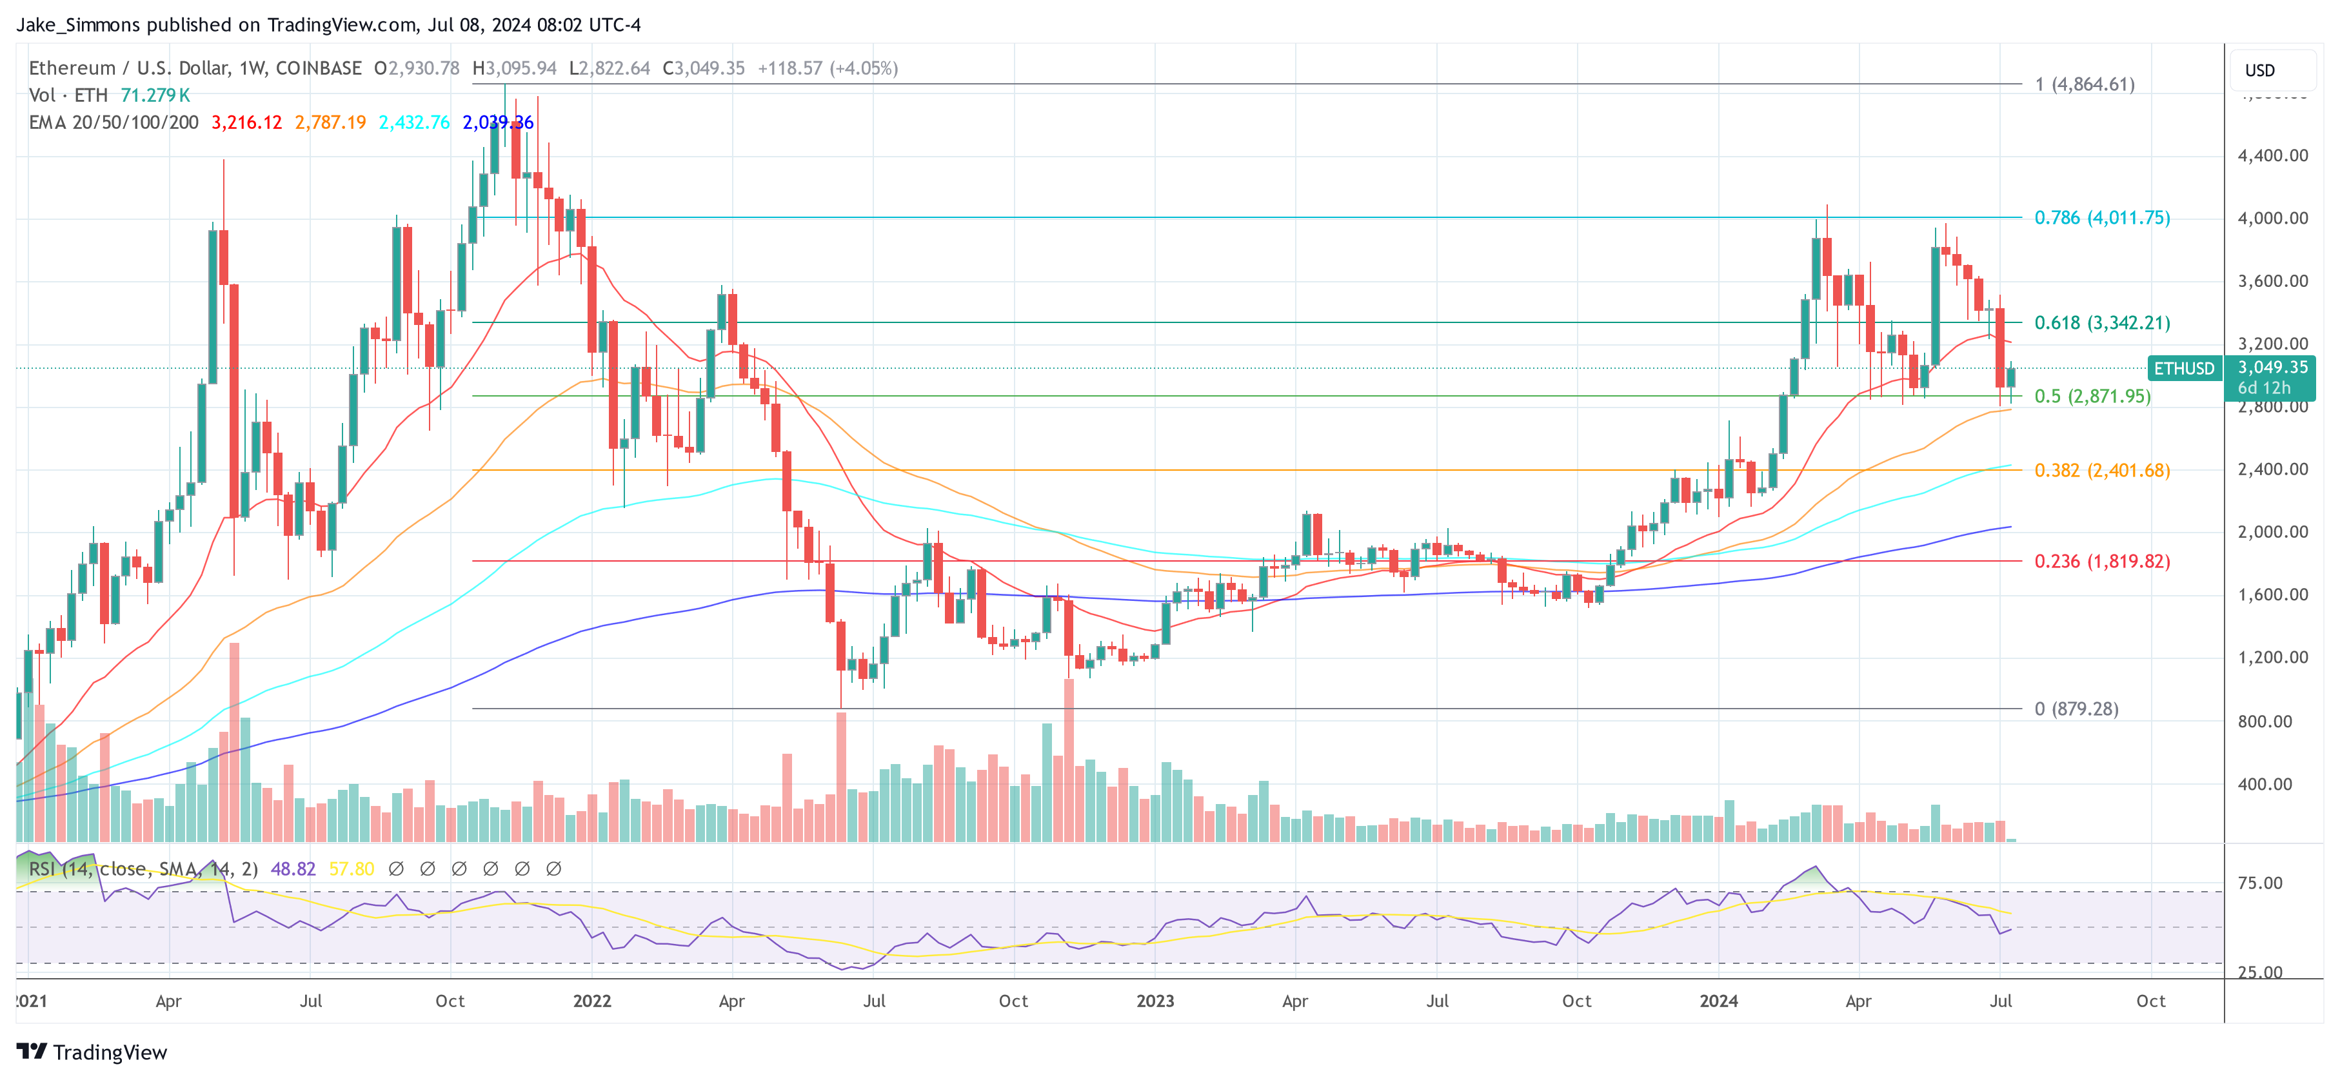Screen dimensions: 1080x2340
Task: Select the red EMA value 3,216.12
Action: click(x=246, y=123)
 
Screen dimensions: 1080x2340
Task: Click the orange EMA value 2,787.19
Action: click(x=330, y=123)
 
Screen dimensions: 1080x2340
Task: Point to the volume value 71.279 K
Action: click(x=155, y=95)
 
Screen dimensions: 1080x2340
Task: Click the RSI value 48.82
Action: click(x=293, y=869)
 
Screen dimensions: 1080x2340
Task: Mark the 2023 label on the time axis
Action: click(x=1155, y=1001)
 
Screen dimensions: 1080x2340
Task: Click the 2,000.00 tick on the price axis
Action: click(x=2272, y=533)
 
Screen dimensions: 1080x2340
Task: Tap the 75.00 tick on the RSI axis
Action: click(x=2259, y=883)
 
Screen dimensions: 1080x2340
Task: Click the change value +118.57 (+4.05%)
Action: click(x=827, y=68)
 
